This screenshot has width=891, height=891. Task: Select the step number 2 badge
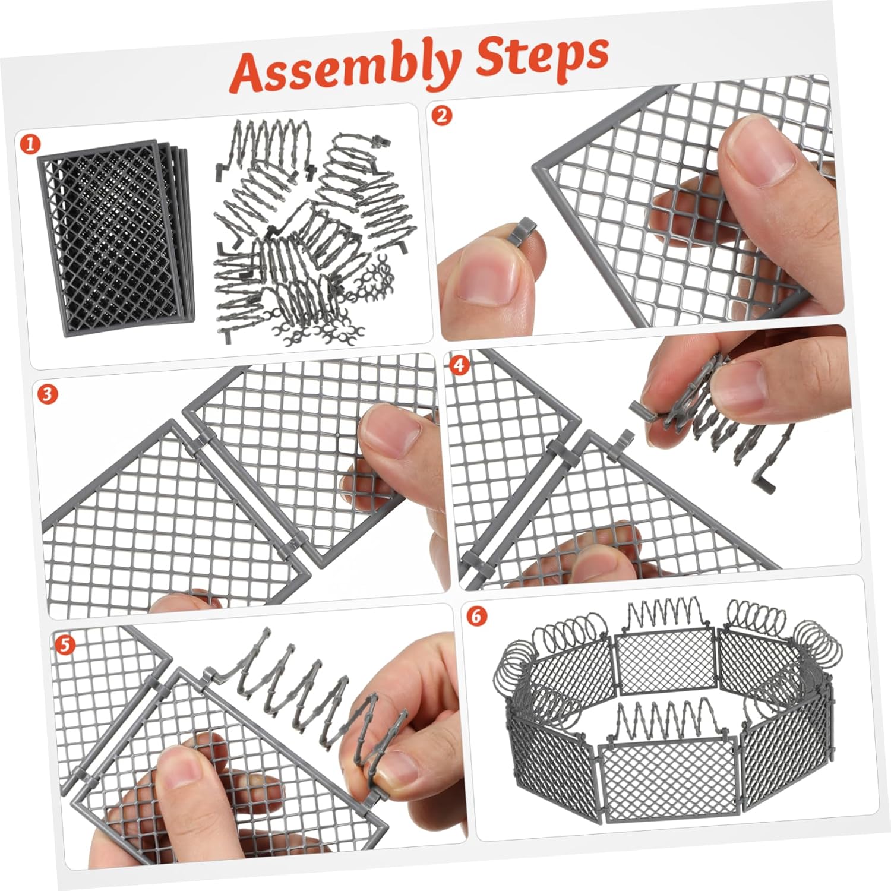[441, 115]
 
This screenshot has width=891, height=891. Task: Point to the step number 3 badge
[48, 393]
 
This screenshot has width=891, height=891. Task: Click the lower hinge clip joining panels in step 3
[296, 542]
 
